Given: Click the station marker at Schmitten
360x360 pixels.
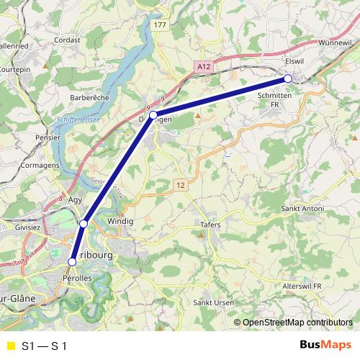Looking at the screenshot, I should (x=287, y=78).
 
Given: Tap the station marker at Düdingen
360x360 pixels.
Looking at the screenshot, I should (x=153, y=114).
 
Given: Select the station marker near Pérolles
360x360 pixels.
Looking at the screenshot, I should (x=71, y=261).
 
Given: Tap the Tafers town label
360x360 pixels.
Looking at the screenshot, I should (x=210, y=225).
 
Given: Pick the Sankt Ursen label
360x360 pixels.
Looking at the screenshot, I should (x=213, y=303).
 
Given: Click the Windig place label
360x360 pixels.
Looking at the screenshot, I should (x=120, y=221).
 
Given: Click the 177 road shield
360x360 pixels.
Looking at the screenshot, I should (x=159, y=25).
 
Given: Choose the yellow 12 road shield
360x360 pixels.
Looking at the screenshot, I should (x=180, y=186).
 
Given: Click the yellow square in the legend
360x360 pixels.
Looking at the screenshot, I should (x=10, y=346).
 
